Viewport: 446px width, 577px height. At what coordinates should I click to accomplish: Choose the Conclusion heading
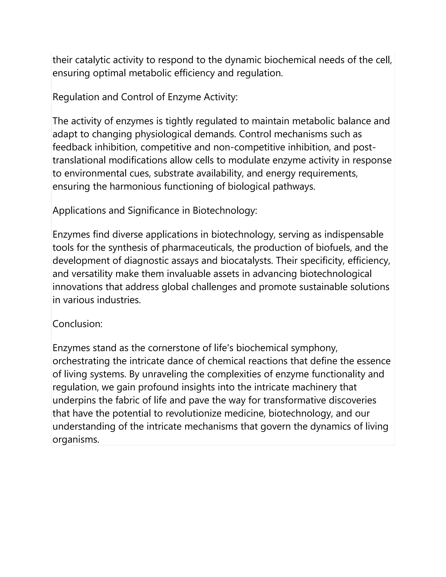click(x=77, y=324)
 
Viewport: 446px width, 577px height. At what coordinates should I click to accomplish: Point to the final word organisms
click(x=76, y=440)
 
